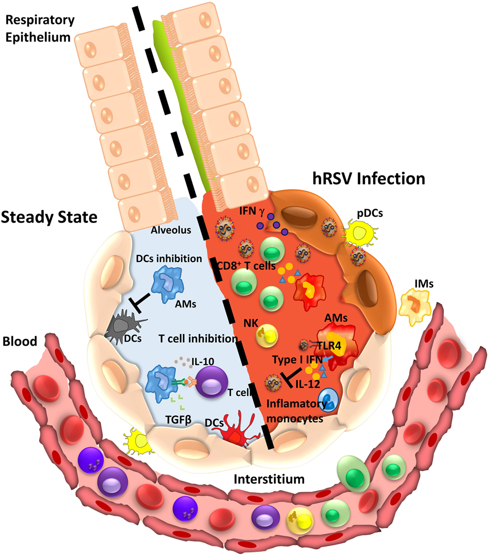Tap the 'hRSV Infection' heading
[x=365, y=178]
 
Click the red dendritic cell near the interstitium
[x=231, y=435]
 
